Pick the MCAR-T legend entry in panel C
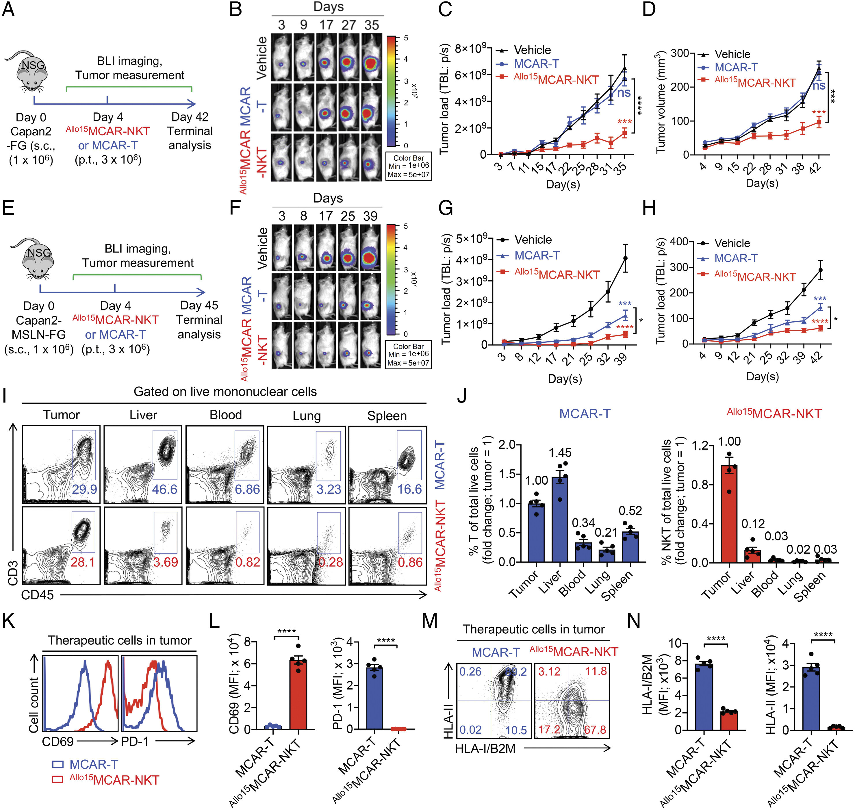point(536,64)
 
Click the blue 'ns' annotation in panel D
point(819,86)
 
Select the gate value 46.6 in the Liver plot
point(164,489)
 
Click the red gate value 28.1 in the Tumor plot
point(83,562)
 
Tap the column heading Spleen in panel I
point(387,416)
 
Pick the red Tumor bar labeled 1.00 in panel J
point(729,514)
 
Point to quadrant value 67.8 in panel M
point(595,730)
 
